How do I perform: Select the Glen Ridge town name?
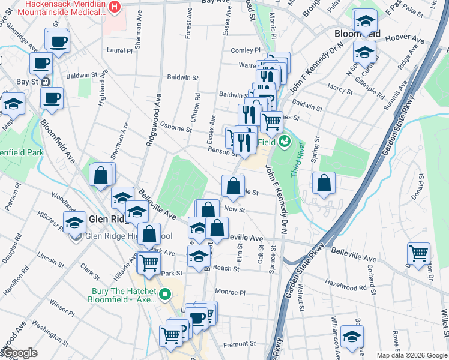(107, 219)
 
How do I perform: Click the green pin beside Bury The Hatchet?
(169, 295)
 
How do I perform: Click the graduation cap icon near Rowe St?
(352, 336)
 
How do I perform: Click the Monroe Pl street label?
(234, 292)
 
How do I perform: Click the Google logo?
(20, 353)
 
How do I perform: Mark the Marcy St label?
(340, 88)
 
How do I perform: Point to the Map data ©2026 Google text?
(411, 355)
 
